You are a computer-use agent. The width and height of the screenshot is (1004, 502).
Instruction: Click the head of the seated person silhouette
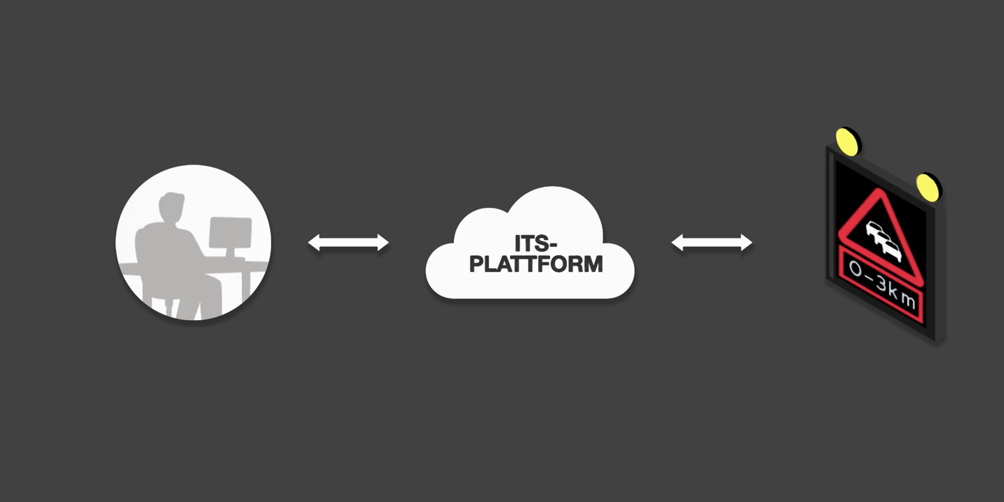[170, 207]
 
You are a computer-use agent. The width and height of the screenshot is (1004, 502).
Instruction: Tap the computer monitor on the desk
[230, 233]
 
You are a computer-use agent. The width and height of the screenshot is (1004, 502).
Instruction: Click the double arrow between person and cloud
[348, 243]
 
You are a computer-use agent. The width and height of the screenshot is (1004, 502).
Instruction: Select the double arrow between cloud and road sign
[711, 243]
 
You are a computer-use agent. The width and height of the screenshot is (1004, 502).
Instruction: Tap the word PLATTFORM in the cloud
[535, 264]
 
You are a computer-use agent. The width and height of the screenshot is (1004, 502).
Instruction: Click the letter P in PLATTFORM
[476, 264]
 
